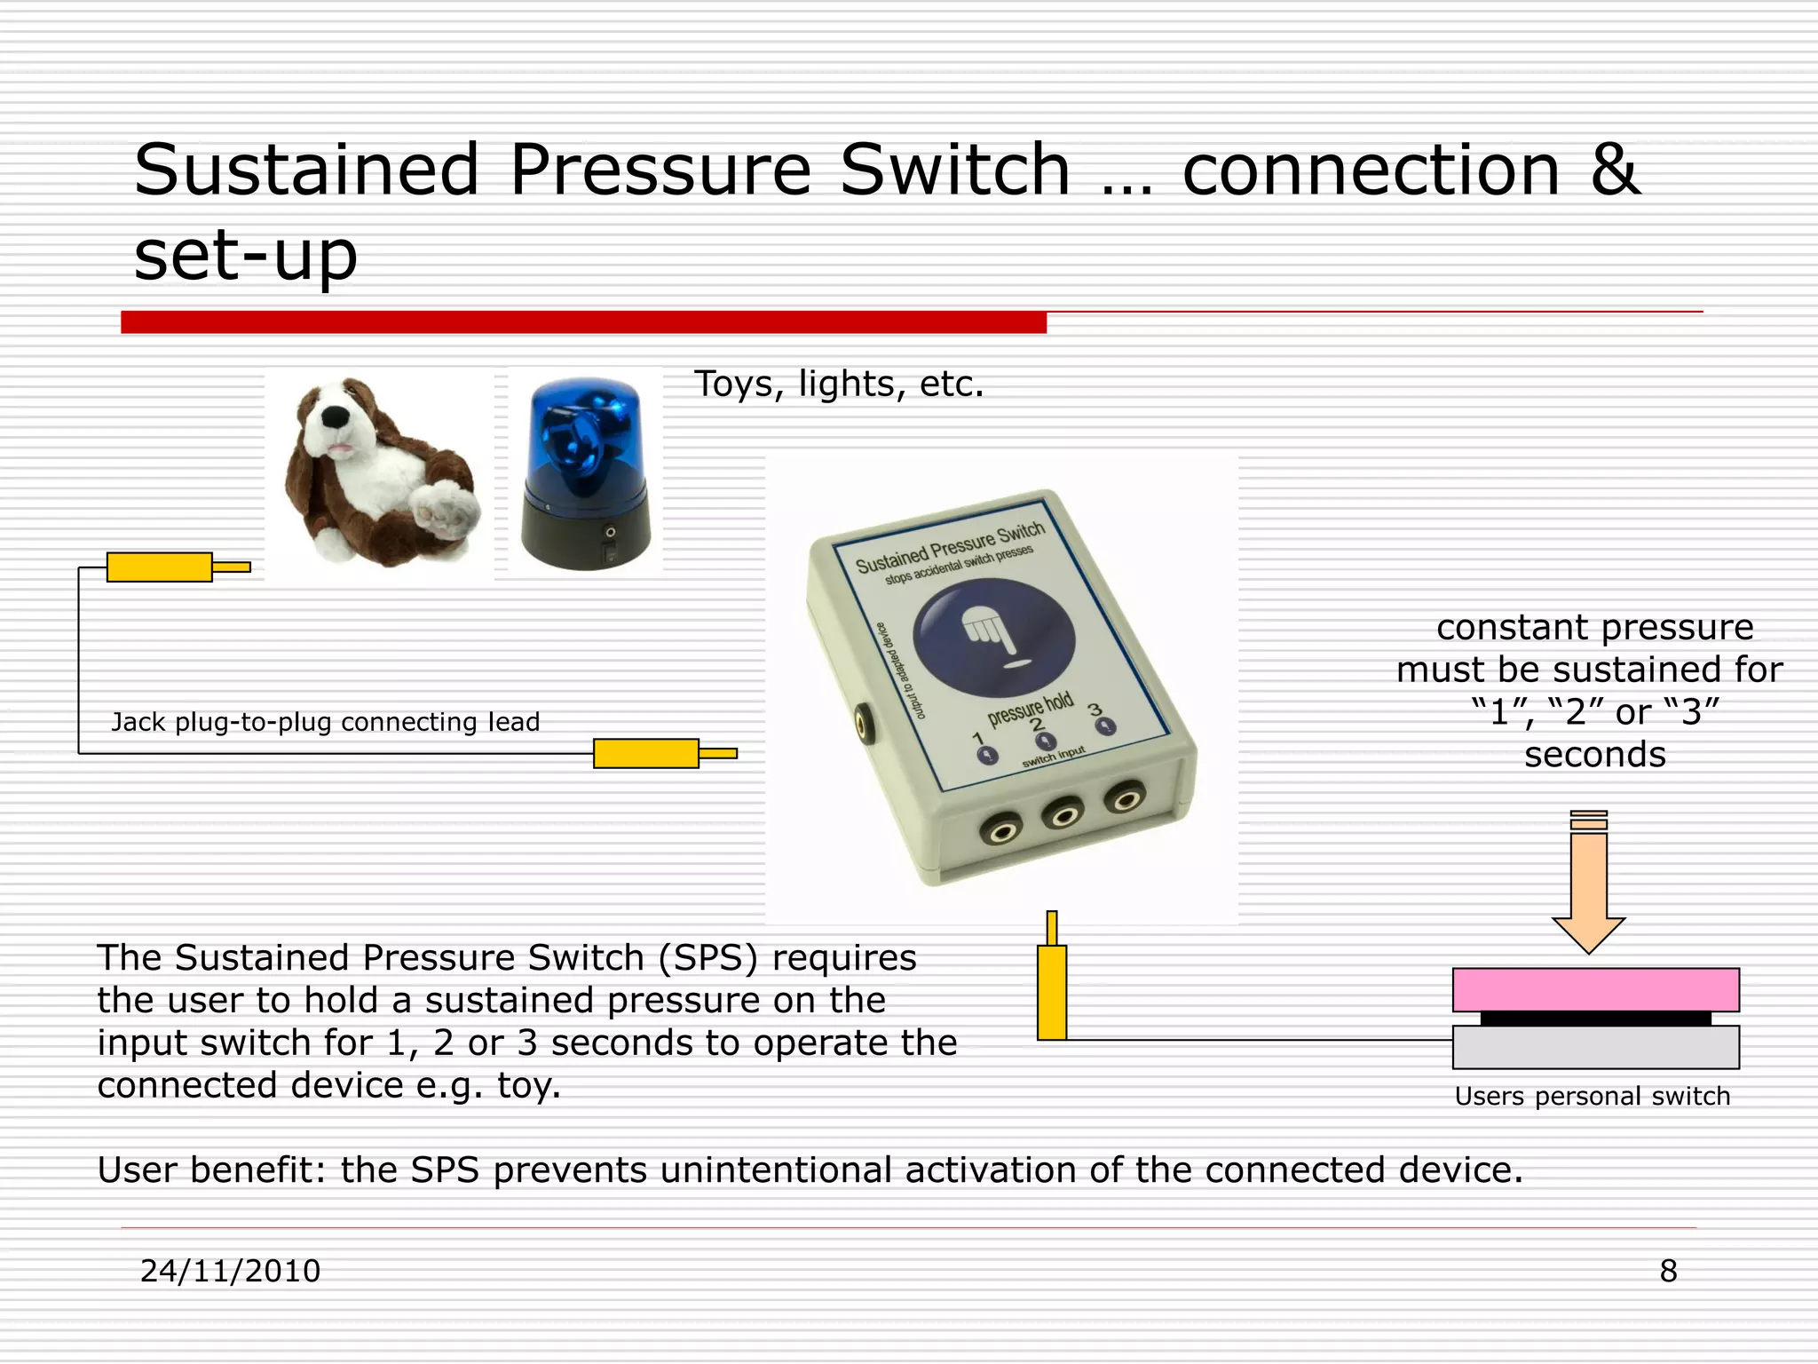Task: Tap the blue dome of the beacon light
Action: point(583,435)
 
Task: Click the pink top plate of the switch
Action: point(1595,989)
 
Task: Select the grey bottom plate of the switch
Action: point(1595,1048)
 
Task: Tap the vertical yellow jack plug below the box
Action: point(1052,990)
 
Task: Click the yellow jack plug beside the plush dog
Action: point(161,567)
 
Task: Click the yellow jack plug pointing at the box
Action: point(647,754)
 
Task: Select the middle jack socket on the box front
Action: point(1063,814)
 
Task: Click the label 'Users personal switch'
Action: point(1592,1097)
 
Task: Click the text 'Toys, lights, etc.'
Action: point(839,385)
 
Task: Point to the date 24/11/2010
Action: point(230,1271)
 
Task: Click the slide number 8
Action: point(1668,1271)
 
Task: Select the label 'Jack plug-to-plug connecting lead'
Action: point(325,722)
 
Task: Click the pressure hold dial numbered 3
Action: point(1105,726)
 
